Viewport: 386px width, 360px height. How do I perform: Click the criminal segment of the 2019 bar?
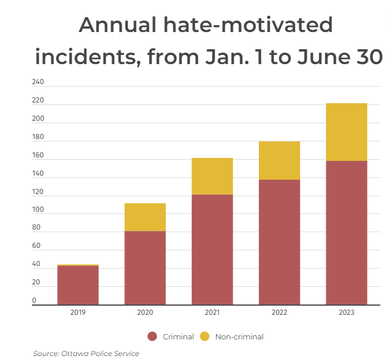tap(78, 285)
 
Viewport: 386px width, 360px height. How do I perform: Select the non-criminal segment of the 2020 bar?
tap(145, 217)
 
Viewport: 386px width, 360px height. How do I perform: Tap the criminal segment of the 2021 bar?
tap(212, 250)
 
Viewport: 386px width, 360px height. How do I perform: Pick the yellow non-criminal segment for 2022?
tap(279, 160)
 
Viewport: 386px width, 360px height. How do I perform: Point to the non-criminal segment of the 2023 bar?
tap(346, 132)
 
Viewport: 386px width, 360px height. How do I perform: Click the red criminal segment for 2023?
tap(346, 232)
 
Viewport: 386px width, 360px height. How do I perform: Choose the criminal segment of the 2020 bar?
tap(145, 268)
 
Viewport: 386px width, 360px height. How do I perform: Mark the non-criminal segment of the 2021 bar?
tap(212, 176)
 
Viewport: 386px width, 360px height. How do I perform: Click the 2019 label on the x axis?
tap(78, 312)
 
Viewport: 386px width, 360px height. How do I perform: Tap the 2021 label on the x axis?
tap(212, 312)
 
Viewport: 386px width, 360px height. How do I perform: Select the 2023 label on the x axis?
tap(346, 312)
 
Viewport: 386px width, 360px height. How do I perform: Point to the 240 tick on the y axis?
tap(38, 82)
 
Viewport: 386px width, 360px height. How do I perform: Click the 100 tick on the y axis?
tap(38, 210)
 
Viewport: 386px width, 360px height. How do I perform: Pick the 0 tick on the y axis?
tap(34, 300)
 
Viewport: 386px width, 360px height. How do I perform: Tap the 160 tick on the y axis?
tap(38, 156)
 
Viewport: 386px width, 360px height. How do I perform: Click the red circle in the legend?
tap(152, 337)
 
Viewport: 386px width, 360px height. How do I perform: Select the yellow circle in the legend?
tap(204, 337)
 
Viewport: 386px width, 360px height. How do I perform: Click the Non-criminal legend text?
tap(239, 337)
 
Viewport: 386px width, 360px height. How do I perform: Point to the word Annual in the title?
tap(117, 25)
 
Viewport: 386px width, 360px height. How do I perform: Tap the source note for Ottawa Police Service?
tap(86, 353)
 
